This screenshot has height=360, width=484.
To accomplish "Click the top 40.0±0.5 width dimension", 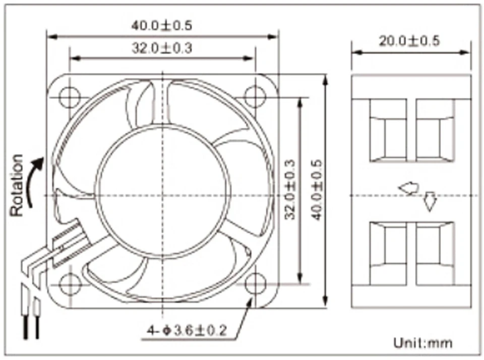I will click(x=162, y=25).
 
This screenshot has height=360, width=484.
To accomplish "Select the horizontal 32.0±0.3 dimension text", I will click(x=162, y=48).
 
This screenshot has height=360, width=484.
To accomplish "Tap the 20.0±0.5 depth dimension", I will click(x=409, y=41).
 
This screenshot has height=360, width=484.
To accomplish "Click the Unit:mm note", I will click(x=423, y=343).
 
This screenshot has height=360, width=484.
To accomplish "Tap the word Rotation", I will click(x=17, y=185).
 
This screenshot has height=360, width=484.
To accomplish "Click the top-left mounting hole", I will click(x=70, y=97).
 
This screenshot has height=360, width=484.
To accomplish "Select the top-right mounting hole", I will click(x=255, y=97).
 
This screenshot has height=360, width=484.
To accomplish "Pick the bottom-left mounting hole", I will click(x=70, y=283).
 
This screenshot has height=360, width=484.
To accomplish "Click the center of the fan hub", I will click(x=162, y=194).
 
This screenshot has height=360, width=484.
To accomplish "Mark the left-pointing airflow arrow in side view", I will click(x=408, y=188).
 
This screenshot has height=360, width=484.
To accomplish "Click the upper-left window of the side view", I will click(x=388, y=130).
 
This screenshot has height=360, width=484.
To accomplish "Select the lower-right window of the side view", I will click(x=435, y=255).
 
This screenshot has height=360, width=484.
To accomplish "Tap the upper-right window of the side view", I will click(x=435, y=130).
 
